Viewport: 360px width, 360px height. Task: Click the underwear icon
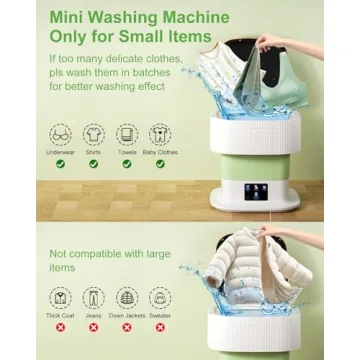coord(60,133)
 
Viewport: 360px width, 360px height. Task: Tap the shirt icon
coord(94,133)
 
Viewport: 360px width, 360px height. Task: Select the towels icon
coord(127,133)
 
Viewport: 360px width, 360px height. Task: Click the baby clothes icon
coord(160,133)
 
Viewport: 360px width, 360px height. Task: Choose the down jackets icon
coord(125,297)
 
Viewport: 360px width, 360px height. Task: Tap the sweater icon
coord(158,297)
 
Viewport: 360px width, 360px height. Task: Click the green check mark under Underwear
coord(60,163)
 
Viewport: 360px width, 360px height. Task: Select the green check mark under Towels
coord(127,163)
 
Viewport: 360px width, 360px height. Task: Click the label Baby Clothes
coord(160,152)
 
